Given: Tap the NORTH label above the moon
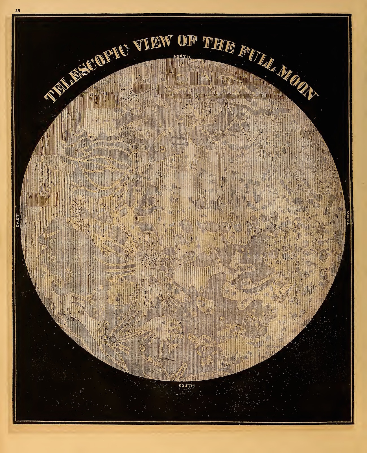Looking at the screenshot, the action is click(182, 57).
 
